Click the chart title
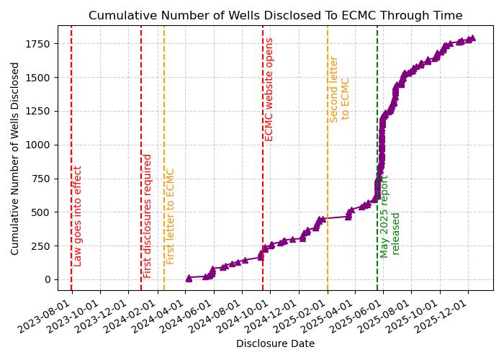click(275, 16)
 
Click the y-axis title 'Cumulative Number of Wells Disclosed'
click(15, 158)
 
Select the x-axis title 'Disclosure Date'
click(275, 344)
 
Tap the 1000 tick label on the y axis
click(40, 145)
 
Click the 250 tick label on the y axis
click(43, 246)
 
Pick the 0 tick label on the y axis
click(48, 279)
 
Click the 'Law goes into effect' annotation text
click(78, 216)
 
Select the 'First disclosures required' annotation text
click(148, 216)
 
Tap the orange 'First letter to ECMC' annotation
click(171, 216)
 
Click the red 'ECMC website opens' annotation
click(269, 89)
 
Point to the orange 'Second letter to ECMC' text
click(339, 89)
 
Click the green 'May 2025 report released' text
click(390, 216)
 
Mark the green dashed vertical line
click(377, 144)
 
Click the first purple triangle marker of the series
click(189, 277)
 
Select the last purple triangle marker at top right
click(472, 38)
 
